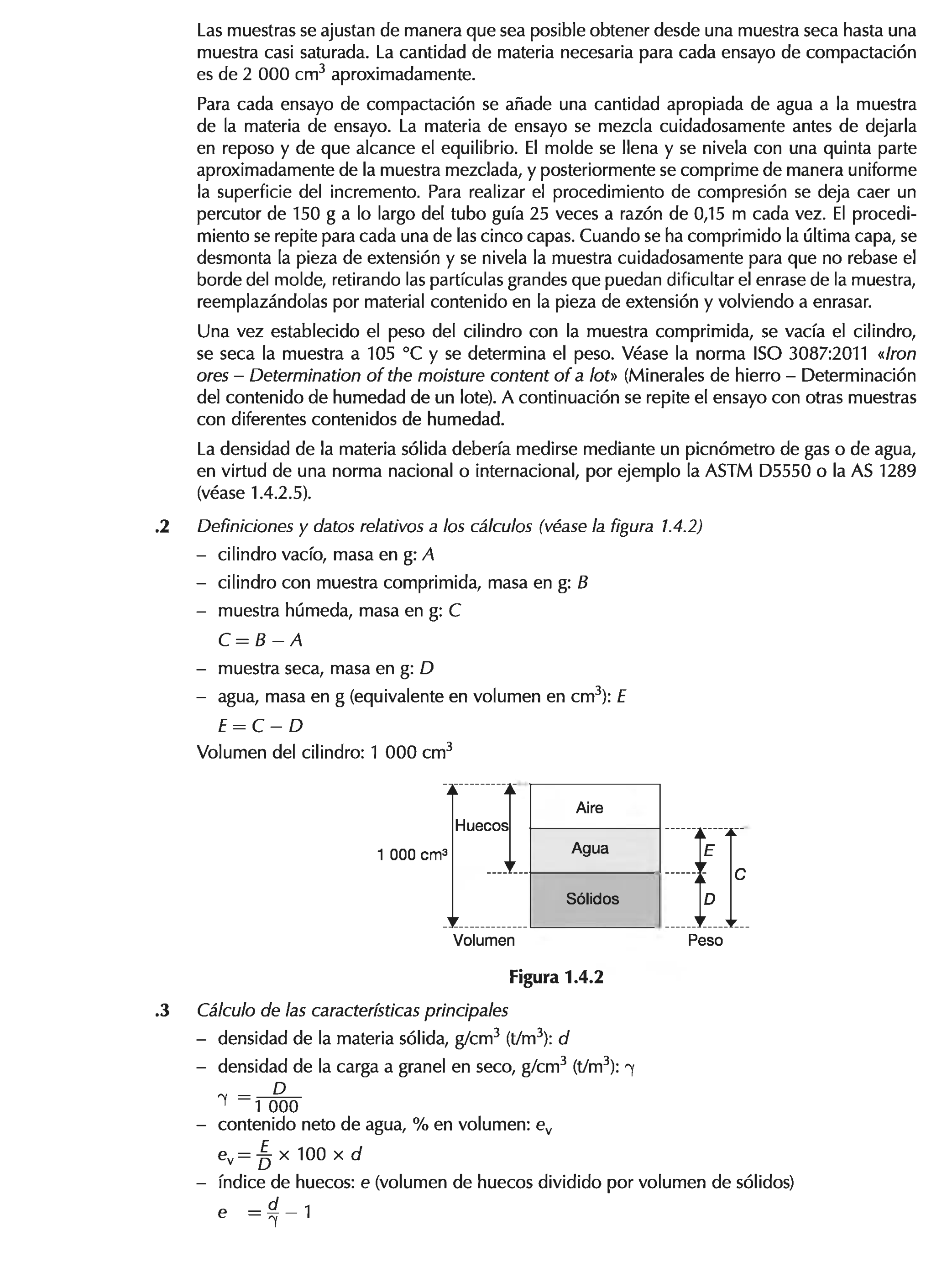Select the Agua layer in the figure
click(594, 849)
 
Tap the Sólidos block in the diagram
click(594, 899)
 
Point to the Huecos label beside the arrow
click(481, 825)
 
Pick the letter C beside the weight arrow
click(740, 874)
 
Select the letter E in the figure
click(709, 851)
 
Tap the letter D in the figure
click(709, 899)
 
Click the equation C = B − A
click(260, 640)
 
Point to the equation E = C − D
click(260, 726)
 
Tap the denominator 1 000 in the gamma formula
click(276, 1107)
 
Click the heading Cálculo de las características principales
click(352, 1011)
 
